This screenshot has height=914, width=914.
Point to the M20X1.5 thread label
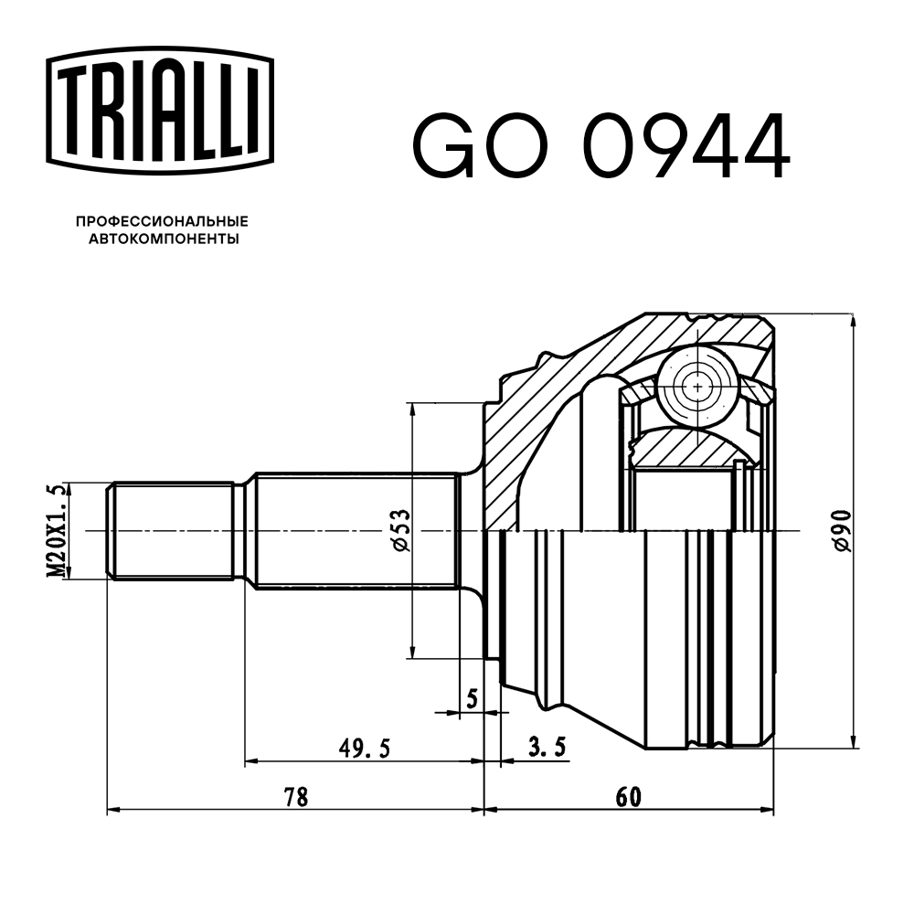(58, 531)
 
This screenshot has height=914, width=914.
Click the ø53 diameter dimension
(400, 531)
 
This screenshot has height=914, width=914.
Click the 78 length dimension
(294, 797)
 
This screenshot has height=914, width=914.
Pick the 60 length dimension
(627, 797)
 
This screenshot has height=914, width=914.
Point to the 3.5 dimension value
(547, 749)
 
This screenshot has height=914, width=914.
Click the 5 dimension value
(472, 699)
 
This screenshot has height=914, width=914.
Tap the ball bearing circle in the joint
(698, 387)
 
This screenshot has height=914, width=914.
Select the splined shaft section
(355, 531)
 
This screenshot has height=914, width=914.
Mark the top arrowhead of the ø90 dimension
(853, 320)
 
